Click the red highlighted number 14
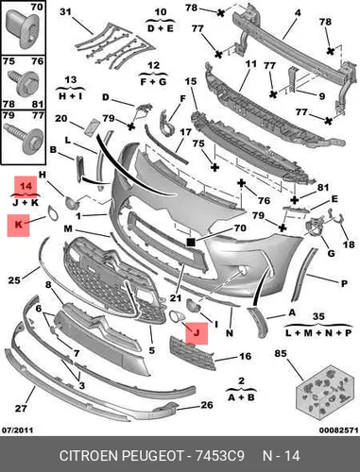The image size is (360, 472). tap(26, 186)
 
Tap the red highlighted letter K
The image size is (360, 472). tap(19, 225)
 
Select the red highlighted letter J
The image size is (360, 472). tap(197, 332)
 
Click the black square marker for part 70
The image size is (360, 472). tap(191, 242)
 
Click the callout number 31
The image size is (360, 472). tap(66, 12)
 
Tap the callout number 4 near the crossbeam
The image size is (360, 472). tap(298, 13)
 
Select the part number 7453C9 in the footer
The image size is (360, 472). tap(220, 455)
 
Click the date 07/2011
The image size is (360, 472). tap(18, 430)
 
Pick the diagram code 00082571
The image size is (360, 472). tap(338, 430)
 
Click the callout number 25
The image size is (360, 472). tap(14, 279)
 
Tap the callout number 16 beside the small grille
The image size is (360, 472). tap(246, 356)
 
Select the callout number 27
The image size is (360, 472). tap(21, 409)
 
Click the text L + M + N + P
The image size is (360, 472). tap(318, 332)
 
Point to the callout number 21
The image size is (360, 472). tap(176, 297)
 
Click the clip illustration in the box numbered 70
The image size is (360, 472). tap(23, 30)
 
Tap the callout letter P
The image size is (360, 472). tap(344, 283)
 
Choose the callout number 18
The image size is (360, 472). tap(349, 244)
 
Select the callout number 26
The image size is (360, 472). tap(207, 405)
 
